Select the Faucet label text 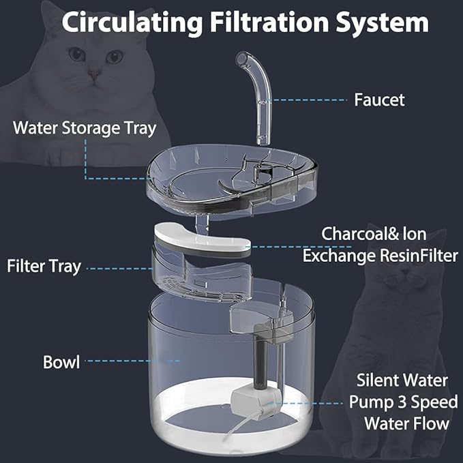(379, 100)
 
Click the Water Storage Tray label (85, 128)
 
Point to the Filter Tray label (44, 267)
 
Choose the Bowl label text (61, 361)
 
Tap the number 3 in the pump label (402, 402)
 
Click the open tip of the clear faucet (241, 58)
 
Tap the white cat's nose (95, 74)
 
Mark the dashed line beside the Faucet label (307, 100)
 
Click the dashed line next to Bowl (132, 361)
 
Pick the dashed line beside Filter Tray (120, 269)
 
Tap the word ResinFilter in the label (419, 256)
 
